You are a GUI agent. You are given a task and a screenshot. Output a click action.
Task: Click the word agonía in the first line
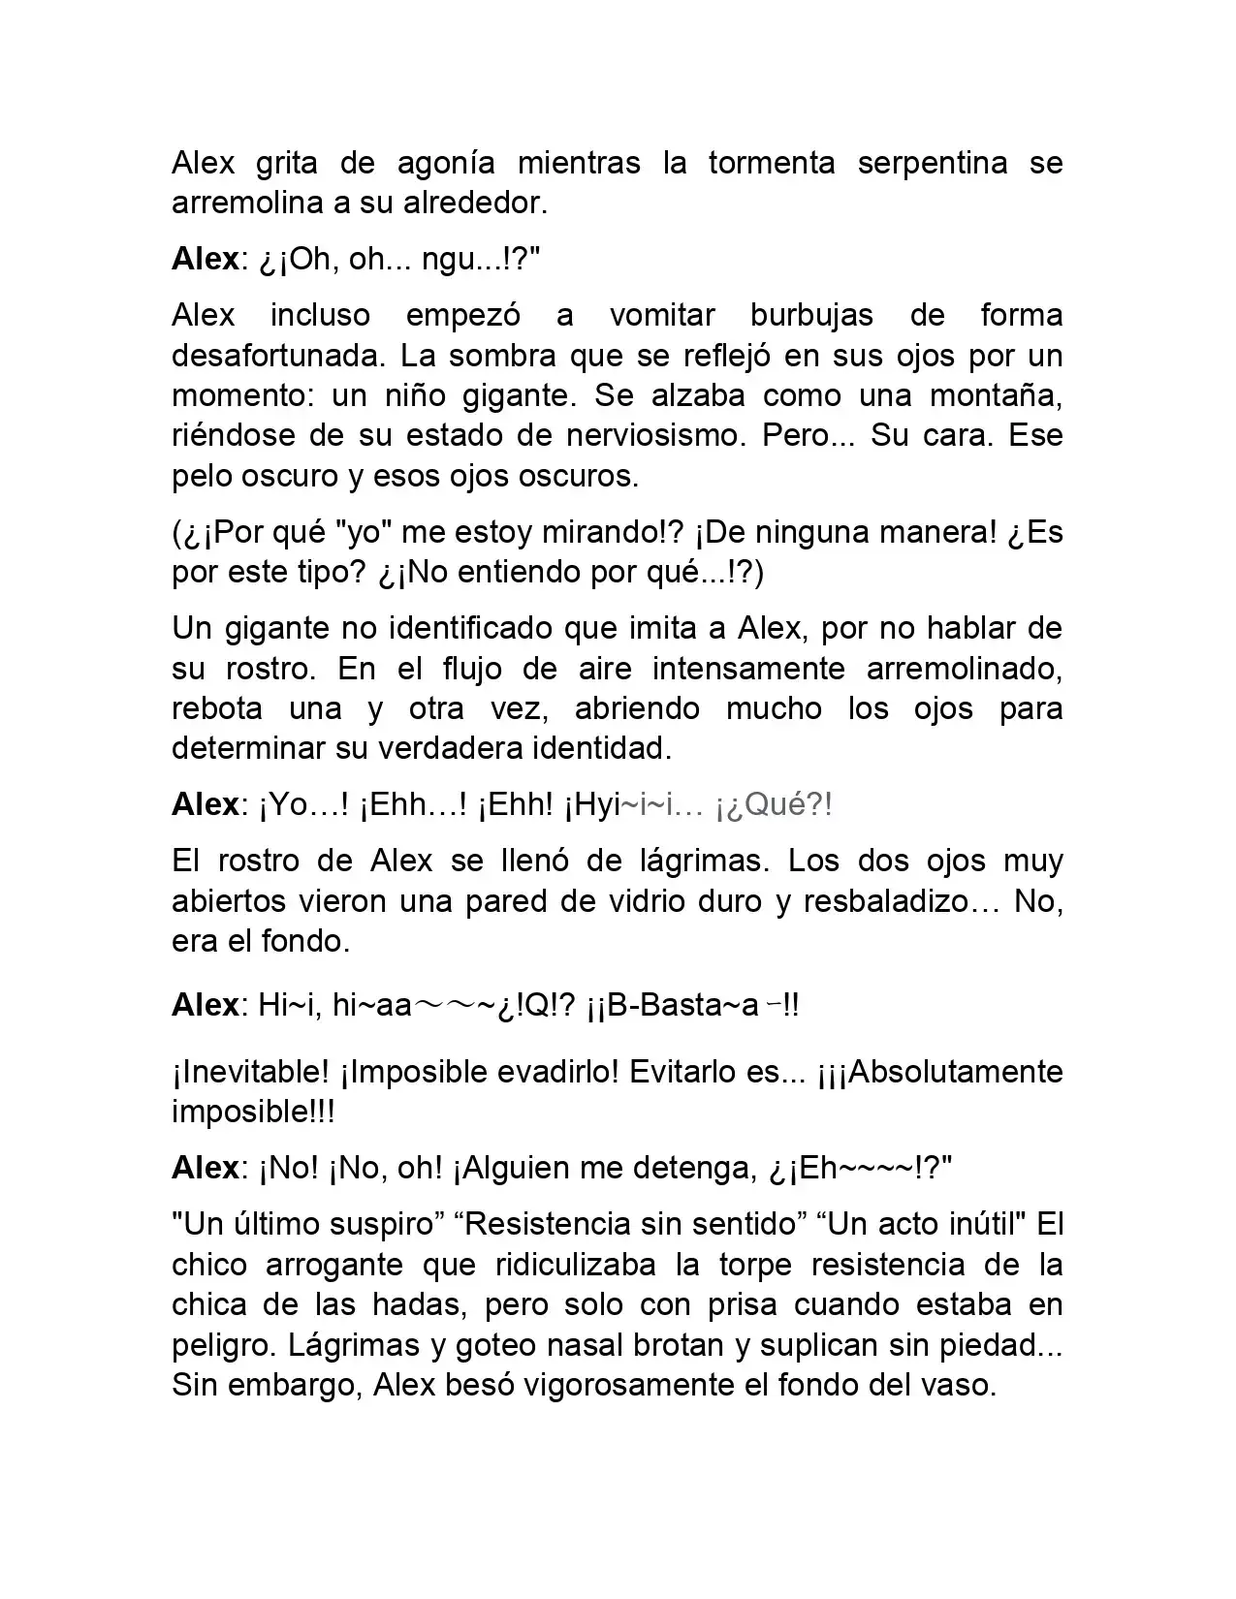[x=445, y=163]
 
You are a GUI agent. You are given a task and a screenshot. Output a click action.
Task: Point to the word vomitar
[x=662, y=315]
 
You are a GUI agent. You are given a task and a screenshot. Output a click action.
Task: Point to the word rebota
[x=217, y=708]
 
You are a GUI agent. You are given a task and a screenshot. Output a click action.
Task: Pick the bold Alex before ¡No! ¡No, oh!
[x=205, y=1168]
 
